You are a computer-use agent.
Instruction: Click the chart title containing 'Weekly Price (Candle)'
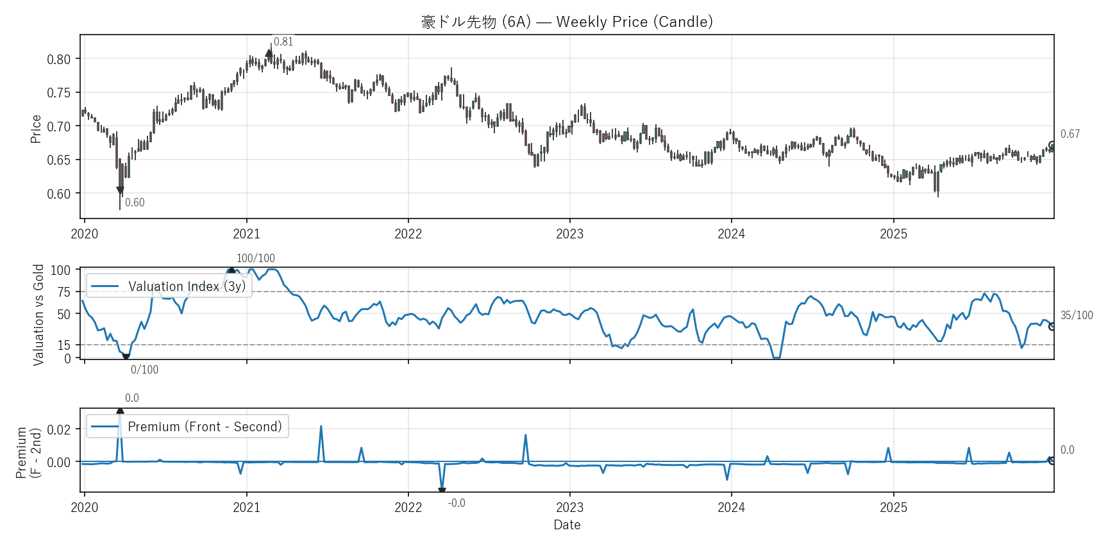567,22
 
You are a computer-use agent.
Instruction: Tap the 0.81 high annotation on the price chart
283,42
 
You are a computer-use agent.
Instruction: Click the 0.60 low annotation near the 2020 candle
135,202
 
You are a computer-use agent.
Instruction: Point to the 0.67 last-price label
1070,134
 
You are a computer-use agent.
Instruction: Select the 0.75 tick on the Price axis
58,93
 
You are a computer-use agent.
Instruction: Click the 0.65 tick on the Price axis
58,160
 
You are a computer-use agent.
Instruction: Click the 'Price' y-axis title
36,129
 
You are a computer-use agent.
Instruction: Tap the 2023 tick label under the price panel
569,234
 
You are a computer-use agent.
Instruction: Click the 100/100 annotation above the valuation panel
255,258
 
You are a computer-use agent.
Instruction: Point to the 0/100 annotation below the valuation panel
144,370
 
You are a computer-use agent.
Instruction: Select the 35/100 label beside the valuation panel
1077,315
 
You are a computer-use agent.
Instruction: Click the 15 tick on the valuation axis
63,345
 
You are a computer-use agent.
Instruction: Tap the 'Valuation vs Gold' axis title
38,315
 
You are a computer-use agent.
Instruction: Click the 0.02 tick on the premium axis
58,429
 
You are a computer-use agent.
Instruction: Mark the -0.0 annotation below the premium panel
457,503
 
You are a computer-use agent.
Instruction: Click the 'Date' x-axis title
567,525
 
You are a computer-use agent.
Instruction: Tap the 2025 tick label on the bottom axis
893,507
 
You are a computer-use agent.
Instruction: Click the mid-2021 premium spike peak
321,426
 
